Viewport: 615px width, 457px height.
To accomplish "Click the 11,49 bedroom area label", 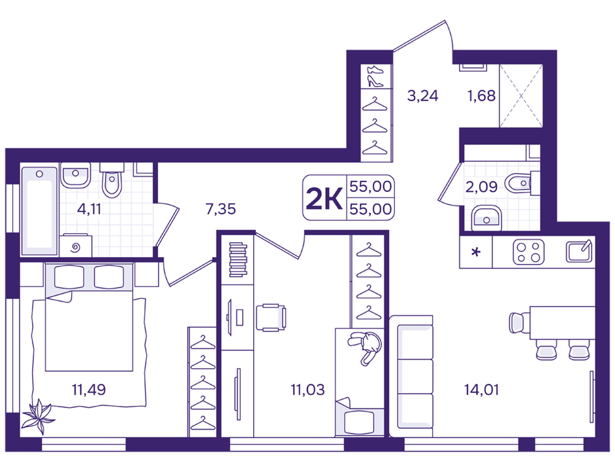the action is (x=89, y=390).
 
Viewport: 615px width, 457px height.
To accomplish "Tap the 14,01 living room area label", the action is (x=481, y=390).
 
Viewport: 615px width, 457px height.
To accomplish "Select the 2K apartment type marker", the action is (x=324, y=198).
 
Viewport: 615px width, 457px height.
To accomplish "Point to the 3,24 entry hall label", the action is (x=422, y=95).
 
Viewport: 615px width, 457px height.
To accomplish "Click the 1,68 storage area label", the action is (x=481, y=95).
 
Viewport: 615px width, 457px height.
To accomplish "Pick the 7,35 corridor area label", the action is (x=221, y=209).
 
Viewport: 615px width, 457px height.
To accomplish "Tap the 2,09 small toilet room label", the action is (x=481, y=186).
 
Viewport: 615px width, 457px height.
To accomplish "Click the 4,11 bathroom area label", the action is (x=89, y=209).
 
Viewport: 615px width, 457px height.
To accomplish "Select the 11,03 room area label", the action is (x=307, y=390).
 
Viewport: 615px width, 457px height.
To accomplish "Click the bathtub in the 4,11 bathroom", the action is (x=39, y=211).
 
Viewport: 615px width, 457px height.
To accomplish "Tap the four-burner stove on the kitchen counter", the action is (x=528, y=252).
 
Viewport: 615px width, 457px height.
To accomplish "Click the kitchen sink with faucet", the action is (x=578, y=251).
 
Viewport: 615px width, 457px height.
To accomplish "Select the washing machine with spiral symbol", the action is (x=76, y=245).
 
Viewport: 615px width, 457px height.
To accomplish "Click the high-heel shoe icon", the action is (x=375, y=81).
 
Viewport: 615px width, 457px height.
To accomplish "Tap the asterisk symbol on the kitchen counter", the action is (x=476, y=251).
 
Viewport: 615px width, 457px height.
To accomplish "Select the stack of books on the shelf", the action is (x=238, y=260).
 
